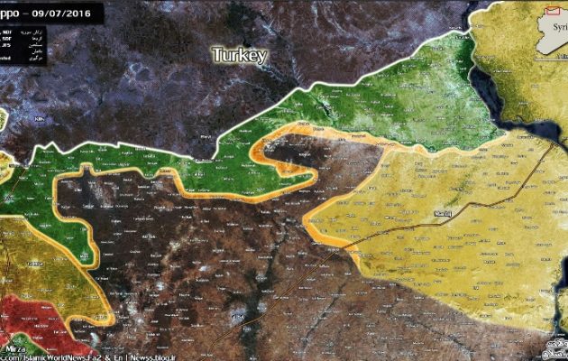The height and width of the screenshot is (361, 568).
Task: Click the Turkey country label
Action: pos(240,55)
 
